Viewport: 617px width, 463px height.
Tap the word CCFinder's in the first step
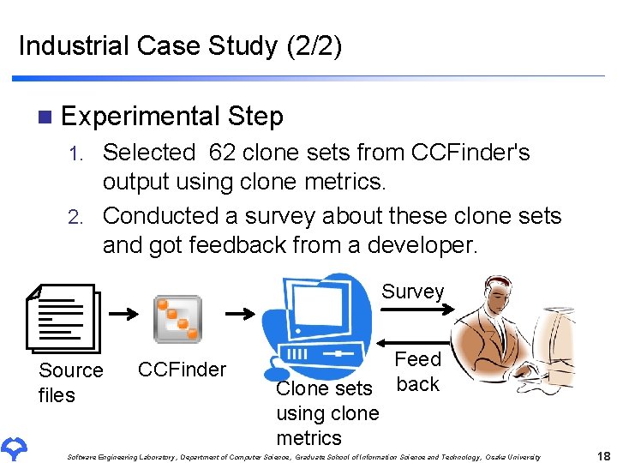pos(470,153)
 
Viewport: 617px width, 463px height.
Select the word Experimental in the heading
pos(141,116)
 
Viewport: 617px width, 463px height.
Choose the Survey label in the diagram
pos(412,292)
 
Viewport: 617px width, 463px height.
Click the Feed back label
pos(417,371)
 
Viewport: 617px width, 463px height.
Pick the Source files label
pos(70,382)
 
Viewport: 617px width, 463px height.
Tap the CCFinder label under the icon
pos(182,370)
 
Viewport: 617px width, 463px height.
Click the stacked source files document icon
pos(64,317)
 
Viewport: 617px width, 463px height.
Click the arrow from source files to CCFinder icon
pos(124,314)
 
